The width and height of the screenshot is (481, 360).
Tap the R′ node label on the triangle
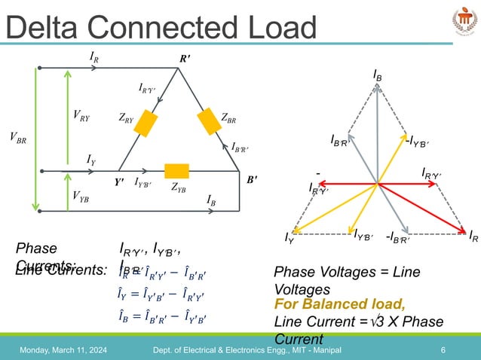click(x=184, y=57)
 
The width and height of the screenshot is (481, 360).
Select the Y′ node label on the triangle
click(x=119, y=182)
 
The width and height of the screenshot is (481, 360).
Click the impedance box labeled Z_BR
click(x=207, y=119)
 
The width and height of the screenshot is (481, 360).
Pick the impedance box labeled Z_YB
click(x=177, y=169)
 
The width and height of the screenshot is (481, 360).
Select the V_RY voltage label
click(x=81, y=115)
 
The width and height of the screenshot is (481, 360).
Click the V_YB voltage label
click(x=81, y=196)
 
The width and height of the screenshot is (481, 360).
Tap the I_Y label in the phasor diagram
click(x=289, y=239)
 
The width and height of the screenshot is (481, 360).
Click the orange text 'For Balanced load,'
click(x=340, y=304)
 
